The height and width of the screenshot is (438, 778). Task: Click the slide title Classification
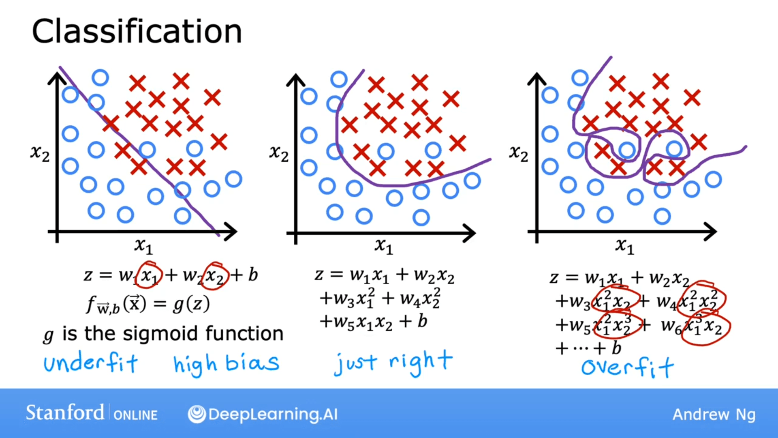137,32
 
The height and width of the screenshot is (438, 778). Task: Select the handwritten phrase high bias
226,363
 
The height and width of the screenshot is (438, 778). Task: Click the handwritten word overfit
627,367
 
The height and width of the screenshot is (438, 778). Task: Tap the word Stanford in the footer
65,413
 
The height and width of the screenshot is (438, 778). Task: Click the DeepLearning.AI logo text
272,414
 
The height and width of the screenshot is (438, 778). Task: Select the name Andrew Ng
714,414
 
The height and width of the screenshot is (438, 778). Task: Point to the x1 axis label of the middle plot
383,246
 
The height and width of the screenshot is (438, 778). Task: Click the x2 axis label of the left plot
40,153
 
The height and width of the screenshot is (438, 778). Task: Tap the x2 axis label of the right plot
518,153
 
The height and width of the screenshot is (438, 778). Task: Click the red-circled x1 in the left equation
150,276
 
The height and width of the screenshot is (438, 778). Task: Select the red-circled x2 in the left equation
214,276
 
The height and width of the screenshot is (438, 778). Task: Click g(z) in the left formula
191,304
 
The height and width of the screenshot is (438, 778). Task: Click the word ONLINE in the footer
135,415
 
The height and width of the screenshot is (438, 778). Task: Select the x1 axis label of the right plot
624,246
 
